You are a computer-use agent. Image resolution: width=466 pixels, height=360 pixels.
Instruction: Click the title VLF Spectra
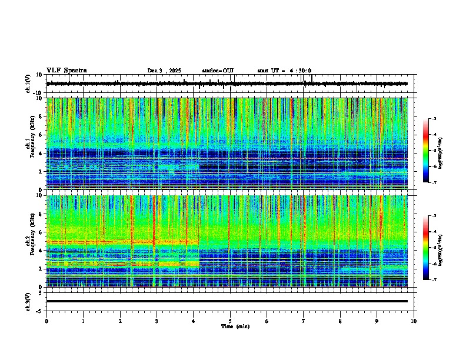[x=66, y=71]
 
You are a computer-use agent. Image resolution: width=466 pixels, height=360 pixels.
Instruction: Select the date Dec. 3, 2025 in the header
[x=164, y=71]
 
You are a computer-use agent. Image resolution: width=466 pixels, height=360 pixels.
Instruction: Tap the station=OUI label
[x=218, y=71]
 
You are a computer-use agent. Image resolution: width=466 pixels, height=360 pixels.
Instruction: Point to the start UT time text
[x=284, y=71]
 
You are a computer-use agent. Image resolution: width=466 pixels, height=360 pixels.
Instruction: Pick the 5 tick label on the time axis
[x=230, y=321]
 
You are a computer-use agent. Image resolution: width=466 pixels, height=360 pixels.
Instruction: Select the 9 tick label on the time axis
[x=377, y=321]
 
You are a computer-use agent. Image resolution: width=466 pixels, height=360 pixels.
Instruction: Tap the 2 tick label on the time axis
[x=120, y=321]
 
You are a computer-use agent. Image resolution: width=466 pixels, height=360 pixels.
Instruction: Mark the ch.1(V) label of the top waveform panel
[x=28, y=84]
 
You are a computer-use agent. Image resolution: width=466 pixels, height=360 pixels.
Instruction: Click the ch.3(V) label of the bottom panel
[x=28, y=301]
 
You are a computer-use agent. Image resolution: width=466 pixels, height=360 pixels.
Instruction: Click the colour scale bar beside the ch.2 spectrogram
[x=427, y=248]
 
